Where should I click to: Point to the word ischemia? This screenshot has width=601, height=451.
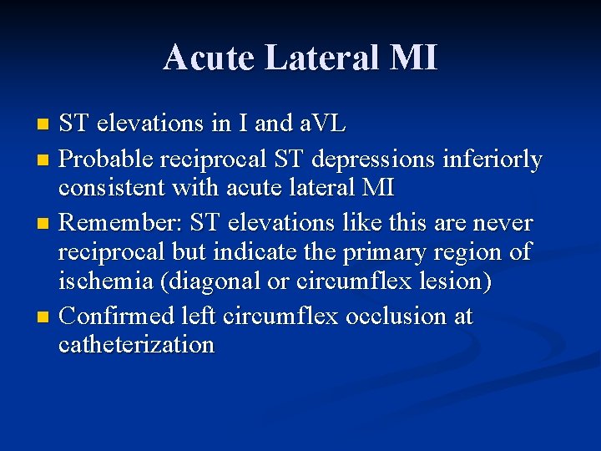click(106, 282)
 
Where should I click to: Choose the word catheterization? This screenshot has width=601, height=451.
click(136, 345)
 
